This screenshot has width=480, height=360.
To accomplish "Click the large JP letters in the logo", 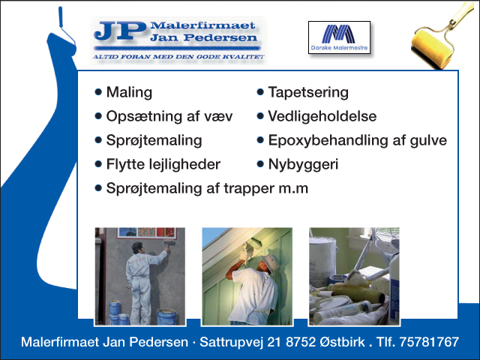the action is click(120, 31).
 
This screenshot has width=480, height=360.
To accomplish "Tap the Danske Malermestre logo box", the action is click(339, 37).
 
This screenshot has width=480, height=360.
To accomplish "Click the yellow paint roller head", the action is click(431, 49).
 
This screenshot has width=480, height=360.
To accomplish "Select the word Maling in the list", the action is click(129, 92).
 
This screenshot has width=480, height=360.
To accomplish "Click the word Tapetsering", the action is click(308, 92).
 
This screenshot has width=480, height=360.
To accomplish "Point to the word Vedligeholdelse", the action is click(322, 116).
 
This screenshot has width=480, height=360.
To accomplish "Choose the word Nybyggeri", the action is click(303, 164).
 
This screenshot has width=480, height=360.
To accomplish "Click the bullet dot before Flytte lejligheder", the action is click(98, 164).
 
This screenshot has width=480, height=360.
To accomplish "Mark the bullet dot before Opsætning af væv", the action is click(98, 116).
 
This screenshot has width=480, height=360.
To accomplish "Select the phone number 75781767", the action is click(429, 342).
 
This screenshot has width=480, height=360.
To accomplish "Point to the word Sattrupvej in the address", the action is click(232, 342).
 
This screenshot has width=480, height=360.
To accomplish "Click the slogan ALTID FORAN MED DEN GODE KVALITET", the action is click(178, 57).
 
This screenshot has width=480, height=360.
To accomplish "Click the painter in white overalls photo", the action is click(140, 277).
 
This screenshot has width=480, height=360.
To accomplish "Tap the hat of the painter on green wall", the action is click(270, 262).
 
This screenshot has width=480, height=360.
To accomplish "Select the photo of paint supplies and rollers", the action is click(354, 277).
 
